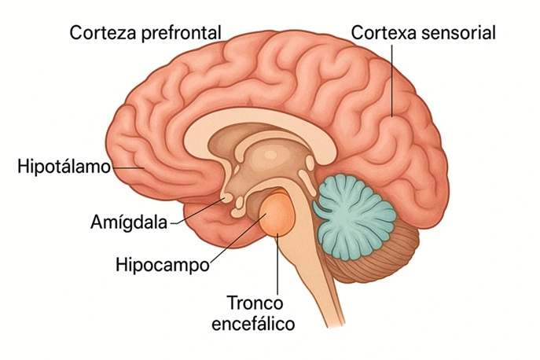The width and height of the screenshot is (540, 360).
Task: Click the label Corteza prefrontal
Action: coord(145,33)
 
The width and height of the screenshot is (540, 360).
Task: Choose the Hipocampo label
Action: coord(162,263)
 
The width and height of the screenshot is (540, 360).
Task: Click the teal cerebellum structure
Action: coord(354,208)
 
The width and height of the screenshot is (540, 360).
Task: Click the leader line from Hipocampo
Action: coord(236,241)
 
